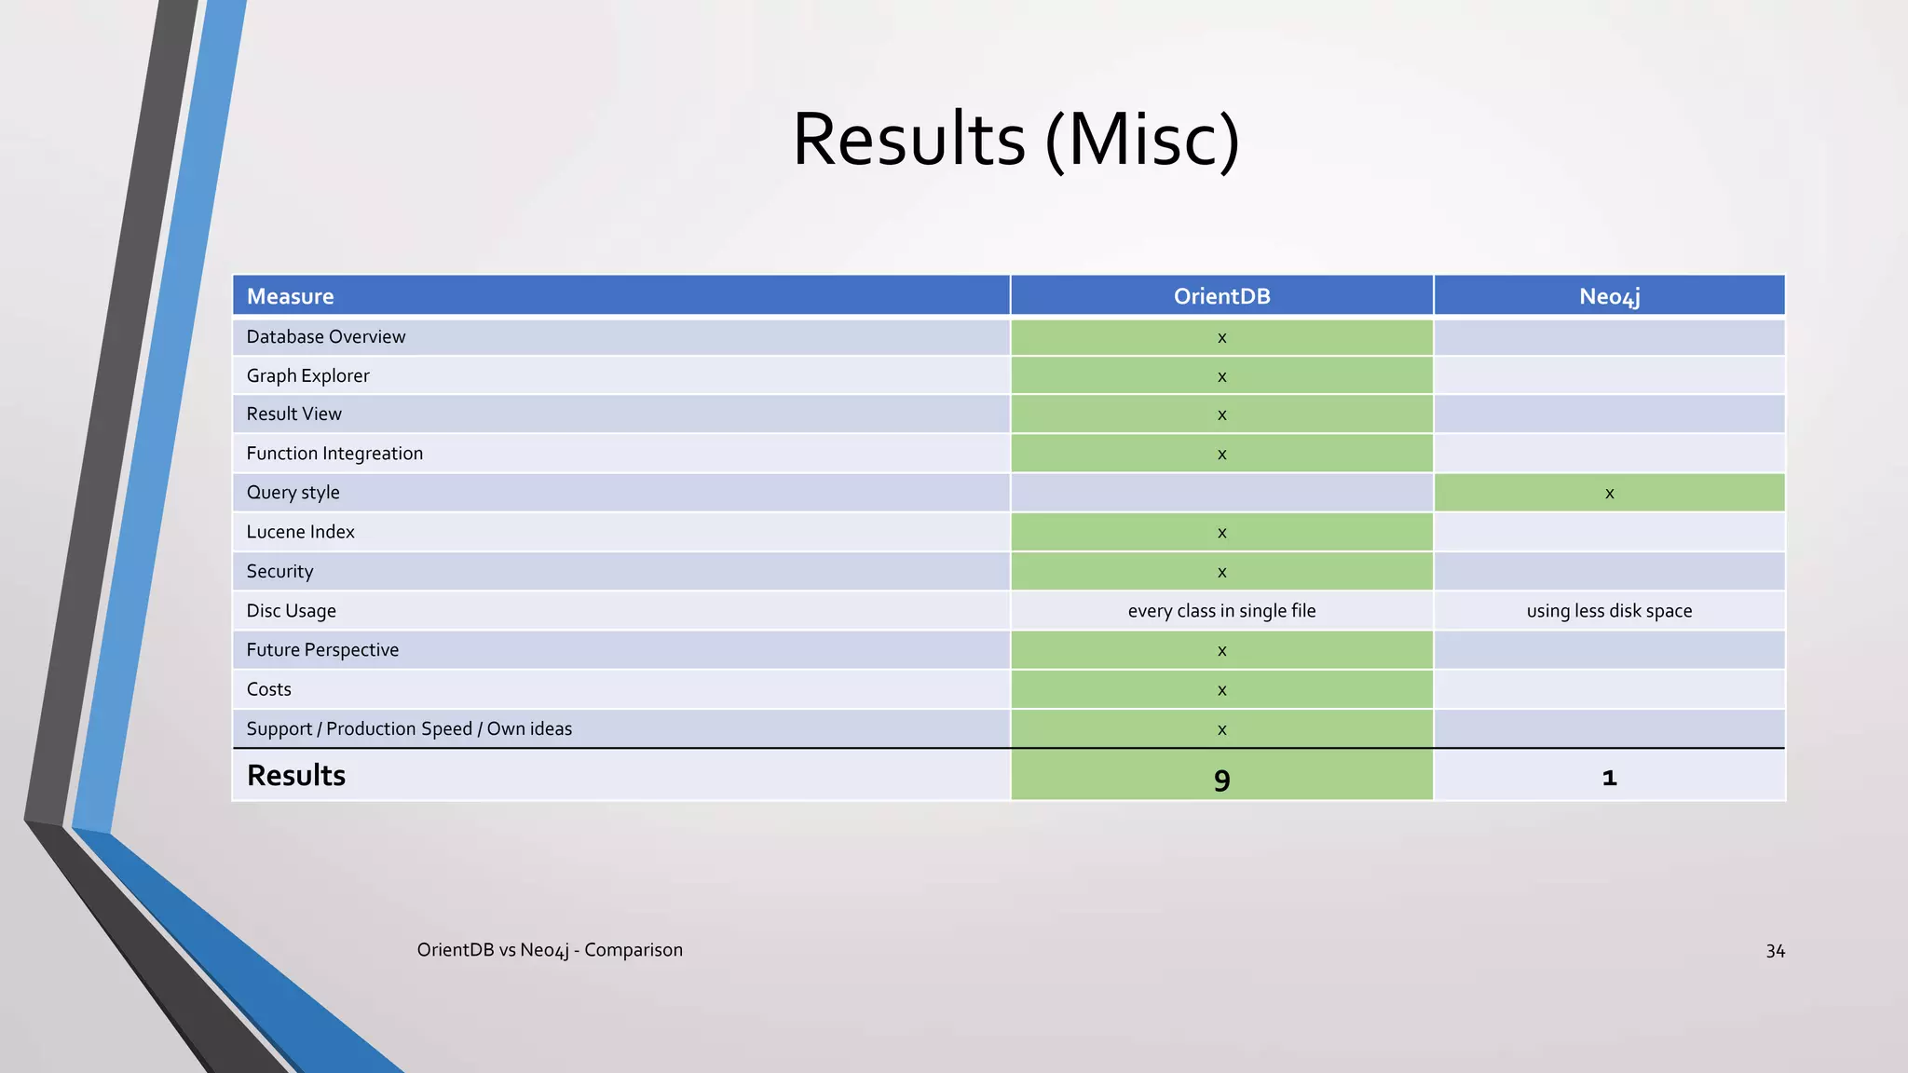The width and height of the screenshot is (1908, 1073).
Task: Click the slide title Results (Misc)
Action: point(1015,140)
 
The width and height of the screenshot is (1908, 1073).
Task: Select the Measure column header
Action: point(290,296)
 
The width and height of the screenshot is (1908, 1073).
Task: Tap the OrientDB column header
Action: point(1221,296)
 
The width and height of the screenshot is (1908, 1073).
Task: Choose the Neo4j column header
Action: point(1609,296)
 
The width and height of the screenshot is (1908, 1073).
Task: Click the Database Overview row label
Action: point(326,336)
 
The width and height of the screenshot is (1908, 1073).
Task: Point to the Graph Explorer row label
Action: point(307,375)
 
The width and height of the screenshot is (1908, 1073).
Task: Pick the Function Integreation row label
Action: point(334,454)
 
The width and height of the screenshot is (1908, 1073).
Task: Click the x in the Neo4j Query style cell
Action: point(1609,494)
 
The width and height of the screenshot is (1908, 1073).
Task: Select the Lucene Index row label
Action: point(300,532)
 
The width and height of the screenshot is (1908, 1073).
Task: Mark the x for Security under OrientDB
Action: point(1221,573)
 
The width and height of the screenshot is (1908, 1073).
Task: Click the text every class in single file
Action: point(1221,611)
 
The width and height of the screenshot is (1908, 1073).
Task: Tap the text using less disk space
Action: point(1609,611)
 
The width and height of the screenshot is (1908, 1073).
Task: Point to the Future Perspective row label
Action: point(322,650)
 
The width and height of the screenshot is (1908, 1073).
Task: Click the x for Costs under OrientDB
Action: point(1221,691)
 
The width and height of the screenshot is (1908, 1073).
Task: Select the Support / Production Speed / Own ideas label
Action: point(409,728)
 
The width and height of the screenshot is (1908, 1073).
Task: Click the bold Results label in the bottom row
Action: point(296,775)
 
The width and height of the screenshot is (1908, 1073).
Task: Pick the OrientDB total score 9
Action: point(1221,779)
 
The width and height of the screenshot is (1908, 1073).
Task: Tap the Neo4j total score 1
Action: point(1609,777)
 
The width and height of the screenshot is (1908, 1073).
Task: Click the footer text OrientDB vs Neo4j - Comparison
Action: point(550,950)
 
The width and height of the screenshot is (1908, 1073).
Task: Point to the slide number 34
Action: point(1775,951)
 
